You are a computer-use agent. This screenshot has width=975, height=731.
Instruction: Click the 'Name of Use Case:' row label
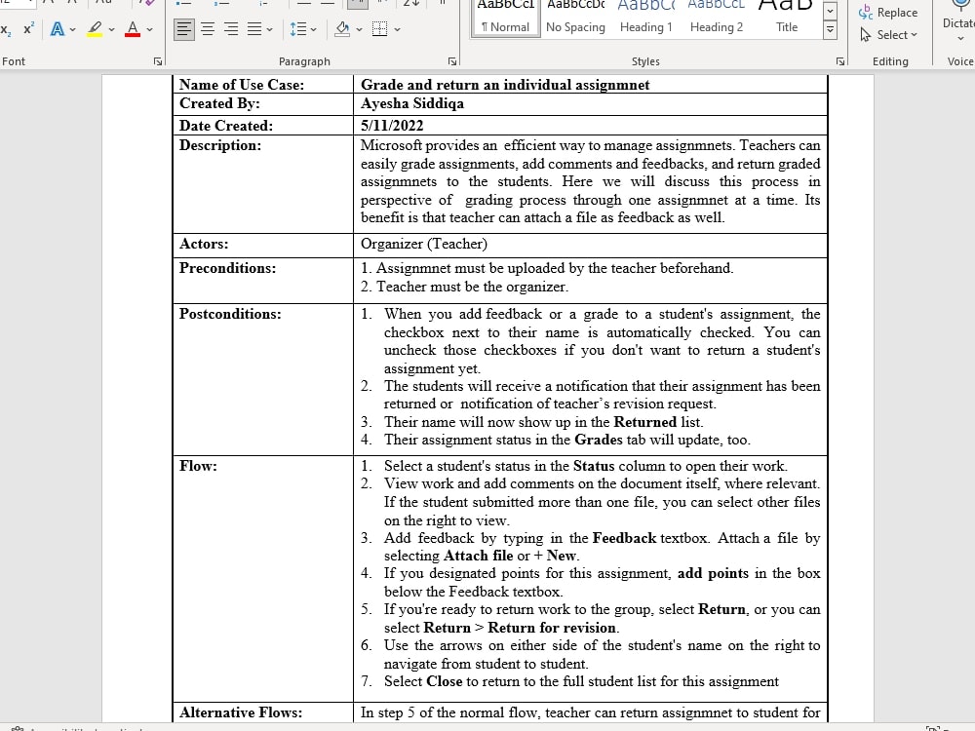242,85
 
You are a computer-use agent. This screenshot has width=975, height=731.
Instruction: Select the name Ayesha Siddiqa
412,103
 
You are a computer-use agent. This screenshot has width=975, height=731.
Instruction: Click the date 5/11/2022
392,126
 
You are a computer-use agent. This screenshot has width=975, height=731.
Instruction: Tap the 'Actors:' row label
204,244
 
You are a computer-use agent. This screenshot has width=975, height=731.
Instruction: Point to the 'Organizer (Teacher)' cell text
424,244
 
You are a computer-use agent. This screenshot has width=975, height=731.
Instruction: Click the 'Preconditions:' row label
227,268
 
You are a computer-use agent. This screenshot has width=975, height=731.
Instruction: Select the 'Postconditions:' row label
230,314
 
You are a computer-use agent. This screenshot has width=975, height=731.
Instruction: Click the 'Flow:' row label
198,466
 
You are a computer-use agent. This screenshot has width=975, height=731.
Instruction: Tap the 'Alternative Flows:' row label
241,712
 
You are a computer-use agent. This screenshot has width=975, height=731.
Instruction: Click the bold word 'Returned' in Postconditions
644,422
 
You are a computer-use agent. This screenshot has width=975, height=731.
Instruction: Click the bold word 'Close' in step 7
444,681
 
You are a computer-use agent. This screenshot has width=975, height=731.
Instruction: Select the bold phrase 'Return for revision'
552,628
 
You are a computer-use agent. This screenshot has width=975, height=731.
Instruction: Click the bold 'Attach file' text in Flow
478,556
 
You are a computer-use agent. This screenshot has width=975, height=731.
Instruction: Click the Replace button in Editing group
888,13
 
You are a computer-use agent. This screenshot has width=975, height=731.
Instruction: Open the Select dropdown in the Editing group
889,35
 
